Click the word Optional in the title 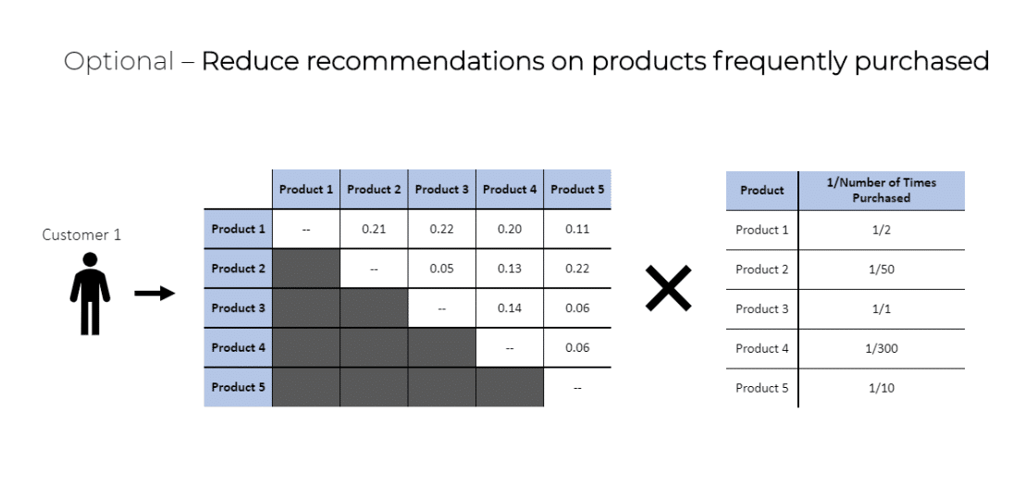coord(119,61)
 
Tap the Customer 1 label coord(81,235)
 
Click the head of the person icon coord(91,259)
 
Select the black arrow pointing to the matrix coord(154,293)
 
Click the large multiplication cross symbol coord(668,288)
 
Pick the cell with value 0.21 coord(374,229)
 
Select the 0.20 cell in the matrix coord(510,229)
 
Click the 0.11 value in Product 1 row coord(578,229)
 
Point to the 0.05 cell coord(442,268)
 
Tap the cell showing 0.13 coord(510,268)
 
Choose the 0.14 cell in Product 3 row coord(510,308)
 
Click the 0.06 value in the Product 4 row coord(578,347)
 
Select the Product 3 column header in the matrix coord(442,190)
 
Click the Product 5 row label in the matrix coord(238,387)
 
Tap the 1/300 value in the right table coord(882,349)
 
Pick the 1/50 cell coord(882,269)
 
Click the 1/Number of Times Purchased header coord(882,191)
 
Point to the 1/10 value coord(882,388)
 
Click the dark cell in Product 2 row coord(306,268)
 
